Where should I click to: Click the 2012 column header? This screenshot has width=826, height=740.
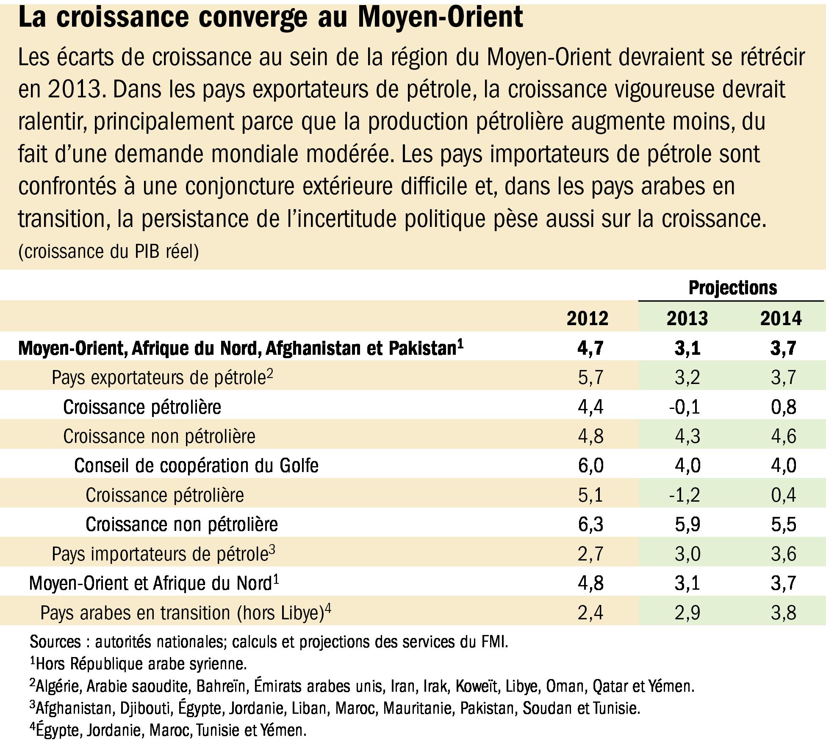[x=588, y=318]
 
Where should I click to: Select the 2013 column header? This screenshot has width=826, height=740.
[x=687, y=318]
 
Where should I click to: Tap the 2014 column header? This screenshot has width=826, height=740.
[x=781, y=318]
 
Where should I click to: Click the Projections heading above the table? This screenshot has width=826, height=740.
[x=733, y=288]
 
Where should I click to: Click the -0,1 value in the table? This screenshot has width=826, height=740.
[x=685, y=407]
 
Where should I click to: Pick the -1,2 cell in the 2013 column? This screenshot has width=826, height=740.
[x=685, y=495]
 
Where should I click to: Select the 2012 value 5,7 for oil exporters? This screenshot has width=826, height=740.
[x=590, y=377]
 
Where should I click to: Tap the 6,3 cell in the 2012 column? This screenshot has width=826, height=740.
[x=590, y=524]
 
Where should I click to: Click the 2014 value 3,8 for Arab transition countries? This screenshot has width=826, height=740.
[x=784, y=613]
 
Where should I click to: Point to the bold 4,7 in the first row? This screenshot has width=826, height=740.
[x=590, y=348]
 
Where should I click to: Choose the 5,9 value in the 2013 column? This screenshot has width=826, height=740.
[x=687, y=524]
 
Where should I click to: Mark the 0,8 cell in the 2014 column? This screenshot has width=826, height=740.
[x=784, y=407]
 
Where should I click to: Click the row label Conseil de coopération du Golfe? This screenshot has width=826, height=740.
[x=197, y=466]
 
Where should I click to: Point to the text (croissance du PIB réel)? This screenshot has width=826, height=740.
[x=108, y=251]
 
